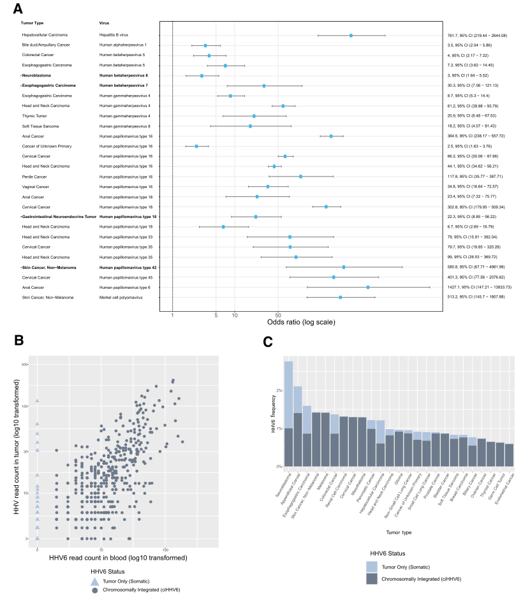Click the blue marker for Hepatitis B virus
351,35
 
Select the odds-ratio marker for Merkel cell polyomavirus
340,297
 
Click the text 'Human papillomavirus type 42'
128,267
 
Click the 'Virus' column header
104,24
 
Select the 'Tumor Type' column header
32,24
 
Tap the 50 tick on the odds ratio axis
277,315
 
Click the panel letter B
18,341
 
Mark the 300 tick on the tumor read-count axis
26,365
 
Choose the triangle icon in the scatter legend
94,581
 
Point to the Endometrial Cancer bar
509,455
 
